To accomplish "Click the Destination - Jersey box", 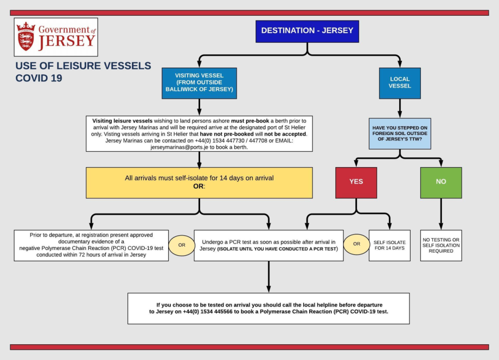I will tap(308, 31).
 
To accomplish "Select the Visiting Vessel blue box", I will tap(199, 83).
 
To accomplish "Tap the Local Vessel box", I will tap(400, 83).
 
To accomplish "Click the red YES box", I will tap(356, 182).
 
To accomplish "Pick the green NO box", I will tap(440, 182).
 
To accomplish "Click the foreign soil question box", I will tap(400, 133).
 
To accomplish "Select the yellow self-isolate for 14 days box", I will tap(199, 182).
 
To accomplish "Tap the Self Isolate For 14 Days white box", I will tap(389, 245).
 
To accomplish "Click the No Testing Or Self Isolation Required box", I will tap(440, 245).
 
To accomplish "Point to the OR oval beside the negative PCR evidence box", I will tap(181, 245).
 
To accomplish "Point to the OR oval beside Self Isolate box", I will tap(356, 244).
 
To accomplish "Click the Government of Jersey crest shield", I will tap(25, 37).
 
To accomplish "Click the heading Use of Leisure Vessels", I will tap(83, 66).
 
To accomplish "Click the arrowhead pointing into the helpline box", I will tap(268, 289).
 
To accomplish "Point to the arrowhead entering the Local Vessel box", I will tap(400, 64).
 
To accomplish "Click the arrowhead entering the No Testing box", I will tap(440, 226).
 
